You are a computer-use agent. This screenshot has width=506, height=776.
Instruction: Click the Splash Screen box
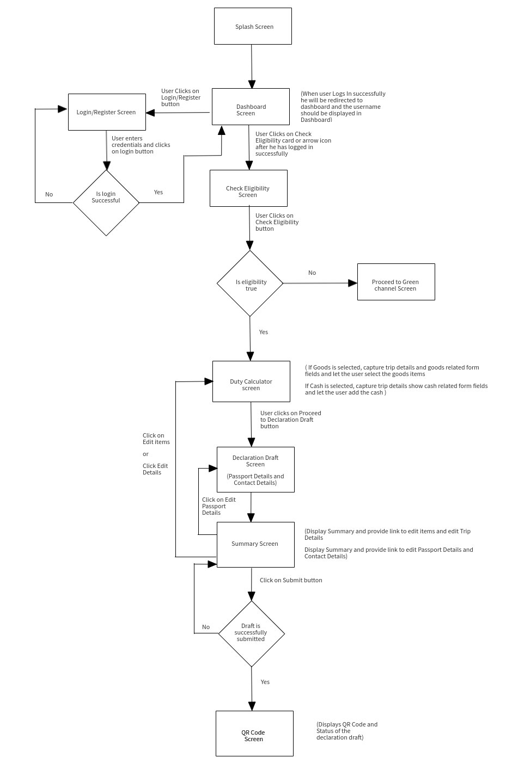point(253,26)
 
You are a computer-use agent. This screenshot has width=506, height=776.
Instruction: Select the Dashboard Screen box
point(251,107)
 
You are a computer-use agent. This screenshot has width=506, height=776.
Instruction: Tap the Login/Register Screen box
point(107,112)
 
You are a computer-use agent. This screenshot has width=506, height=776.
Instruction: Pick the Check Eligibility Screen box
point(248,188)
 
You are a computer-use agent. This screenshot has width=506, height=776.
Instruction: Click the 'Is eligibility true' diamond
point(250,283)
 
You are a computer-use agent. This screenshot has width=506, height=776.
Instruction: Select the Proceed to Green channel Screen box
point(396,282)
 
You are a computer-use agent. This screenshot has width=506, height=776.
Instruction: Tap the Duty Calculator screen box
point(251,381)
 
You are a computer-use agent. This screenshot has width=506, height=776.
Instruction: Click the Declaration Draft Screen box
point(255,470)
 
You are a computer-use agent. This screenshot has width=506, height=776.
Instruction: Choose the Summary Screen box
point(255,544)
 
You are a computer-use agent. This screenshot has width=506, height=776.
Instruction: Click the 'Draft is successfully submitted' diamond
point(252,633)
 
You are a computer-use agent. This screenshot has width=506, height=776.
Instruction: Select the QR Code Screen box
point(254,734)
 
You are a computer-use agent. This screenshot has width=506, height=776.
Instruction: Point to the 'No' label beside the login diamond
point(49,194)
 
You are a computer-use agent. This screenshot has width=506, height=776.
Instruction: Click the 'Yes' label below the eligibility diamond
point(264,332)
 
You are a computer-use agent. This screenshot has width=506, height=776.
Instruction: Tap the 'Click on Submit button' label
point(291,580)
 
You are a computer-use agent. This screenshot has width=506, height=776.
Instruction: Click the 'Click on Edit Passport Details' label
point(218,506)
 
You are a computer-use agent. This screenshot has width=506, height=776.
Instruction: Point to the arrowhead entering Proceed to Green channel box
point(353,283)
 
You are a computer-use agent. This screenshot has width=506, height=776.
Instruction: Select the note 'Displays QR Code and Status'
point(347,731)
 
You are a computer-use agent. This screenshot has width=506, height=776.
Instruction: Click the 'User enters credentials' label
point(141,145)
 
